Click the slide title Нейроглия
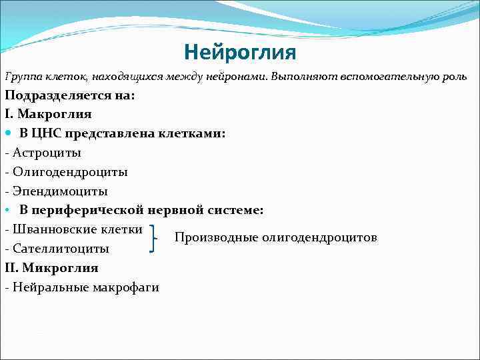pos(239,51)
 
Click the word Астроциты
pos(47,153)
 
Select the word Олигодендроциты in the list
pos(70,172)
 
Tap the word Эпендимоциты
pos(60,191)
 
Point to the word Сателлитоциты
pos(61,249)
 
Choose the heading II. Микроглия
pos(51,268)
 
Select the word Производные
pos(216,237)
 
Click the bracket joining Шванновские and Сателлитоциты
pos(155,239)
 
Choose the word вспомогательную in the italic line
pos(387,76)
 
